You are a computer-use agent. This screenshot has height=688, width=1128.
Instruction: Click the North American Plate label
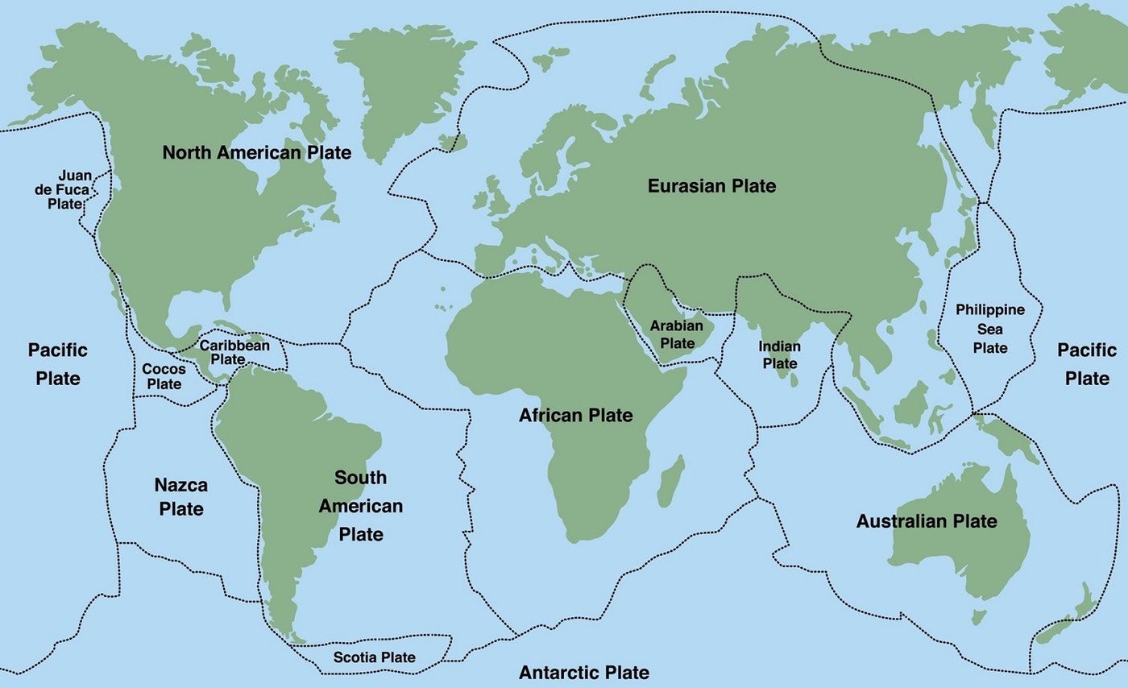(256, 152)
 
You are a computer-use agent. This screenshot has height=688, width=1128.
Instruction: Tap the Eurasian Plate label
(711, 186)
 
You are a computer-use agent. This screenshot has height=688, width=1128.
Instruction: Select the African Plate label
(575, 416)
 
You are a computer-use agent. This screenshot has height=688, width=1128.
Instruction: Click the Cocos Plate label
(164, 376)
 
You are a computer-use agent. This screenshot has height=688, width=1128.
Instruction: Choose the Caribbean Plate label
(234, 352)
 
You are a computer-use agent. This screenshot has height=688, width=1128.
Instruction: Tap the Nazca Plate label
(180, 496)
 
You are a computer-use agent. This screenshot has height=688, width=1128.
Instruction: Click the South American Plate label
(360, 505)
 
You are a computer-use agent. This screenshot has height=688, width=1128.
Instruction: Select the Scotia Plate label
(375, 657)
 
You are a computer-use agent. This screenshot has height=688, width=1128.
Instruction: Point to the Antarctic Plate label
(583, 673)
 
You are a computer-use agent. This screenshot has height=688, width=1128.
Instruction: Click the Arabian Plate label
(672, 334)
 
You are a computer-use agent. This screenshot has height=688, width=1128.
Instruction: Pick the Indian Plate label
(779, 354)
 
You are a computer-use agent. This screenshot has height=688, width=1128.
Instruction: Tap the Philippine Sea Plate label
(990, 329)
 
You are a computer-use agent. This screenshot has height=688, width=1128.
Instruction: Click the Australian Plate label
(927, 521)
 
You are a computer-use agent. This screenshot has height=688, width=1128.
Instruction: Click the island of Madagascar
(671, 481)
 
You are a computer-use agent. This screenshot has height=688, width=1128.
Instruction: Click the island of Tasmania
(978, 617)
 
